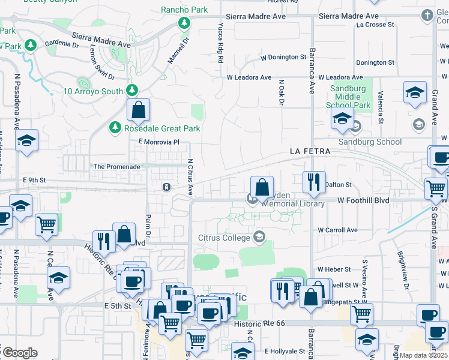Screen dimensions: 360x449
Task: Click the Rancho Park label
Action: click(x=184, y=10)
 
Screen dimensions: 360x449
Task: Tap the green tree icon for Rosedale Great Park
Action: click(x=115, y=128)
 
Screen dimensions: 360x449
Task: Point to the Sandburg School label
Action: click(x=370, y=142)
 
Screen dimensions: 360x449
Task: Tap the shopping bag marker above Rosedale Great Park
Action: click(x=138, y=110)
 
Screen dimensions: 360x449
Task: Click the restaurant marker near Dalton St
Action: click(x=313, y=182)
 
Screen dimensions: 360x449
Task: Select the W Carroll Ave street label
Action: click(x=337, y=230)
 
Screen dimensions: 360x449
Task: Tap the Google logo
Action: click(x=20, y=353)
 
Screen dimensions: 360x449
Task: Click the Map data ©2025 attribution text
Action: click(x=424, y=355)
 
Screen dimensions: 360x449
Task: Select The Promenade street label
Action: click(x=116, y=167)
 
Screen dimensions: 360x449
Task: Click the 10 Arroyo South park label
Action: click(x=94, y=92)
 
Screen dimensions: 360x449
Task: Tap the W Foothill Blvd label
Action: click(x=363, y=200)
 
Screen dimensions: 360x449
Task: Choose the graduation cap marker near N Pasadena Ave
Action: click(x=26, y=142)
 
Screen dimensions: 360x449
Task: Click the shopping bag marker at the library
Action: click(x=262, y=187)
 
